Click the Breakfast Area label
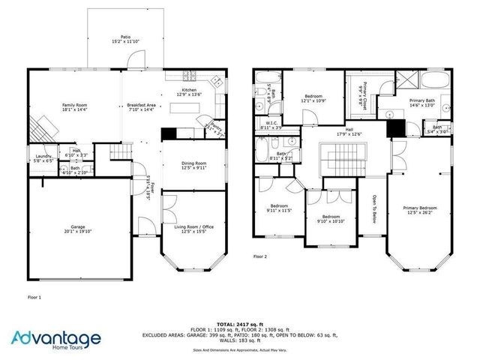pyautogui.click(x=141, y=106)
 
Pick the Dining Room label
pyautogui.click(x=194, y=165)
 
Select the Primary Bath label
pyautogui.click(x=421, y=103)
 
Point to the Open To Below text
pyautogui.click(x=373, y=209)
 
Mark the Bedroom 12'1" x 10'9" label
pyautogui.click(x=313, y=97)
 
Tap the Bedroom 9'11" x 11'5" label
pyautogui.click(x=279, y=208)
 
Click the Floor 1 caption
pyautogui.click(x=34, y=297)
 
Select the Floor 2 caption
pyautogui.click(x=260, y=256)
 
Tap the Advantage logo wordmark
pyautogui.click(x=56, y=339)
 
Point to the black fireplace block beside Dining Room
pyautogui.click(x=169, y=134)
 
